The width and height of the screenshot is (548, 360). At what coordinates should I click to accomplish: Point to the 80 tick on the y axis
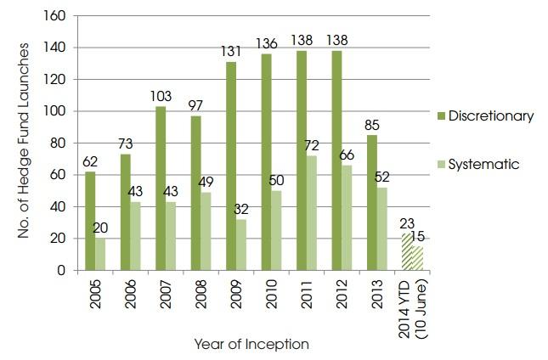pyautogui.click(x=60, y=143)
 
